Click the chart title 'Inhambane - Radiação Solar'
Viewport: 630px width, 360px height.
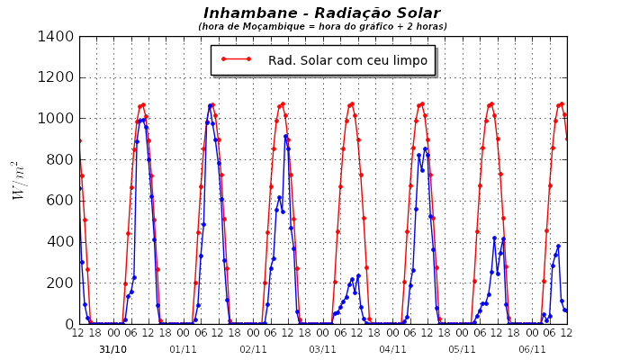321,13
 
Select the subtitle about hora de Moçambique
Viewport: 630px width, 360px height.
322,27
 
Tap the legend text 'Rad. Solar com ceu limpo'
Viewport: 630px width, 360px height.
347,60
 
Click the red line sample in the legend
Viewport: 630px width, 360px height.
236,60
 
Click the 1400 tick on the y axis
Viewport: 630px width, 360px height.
58,37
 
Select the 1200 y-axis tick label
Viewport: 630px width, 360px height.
58,77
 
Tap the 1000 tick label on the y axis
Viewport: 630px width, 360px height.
58,119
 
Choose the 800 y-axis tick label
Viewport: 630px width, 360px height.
62,160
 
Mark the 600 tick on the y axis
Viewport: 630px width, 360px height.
62,201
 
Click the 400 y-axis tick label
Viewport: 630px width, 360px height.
62,242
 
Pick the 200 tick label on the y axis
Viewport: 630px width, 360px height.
62,283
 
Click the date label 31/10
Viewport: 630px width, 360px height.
112,349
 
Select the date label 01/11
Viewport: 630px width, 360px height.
183,349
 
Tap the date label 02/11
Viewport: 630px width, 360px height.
253,349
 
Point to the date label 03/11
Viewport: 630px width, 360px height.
322,349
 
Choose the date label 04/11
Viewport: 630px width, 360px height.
392,349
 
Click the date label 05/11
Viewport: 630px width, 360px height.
462,349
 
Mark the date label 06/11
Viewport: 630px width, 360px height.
532,349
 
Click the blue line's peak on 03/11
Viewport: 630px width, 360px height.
358,275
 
